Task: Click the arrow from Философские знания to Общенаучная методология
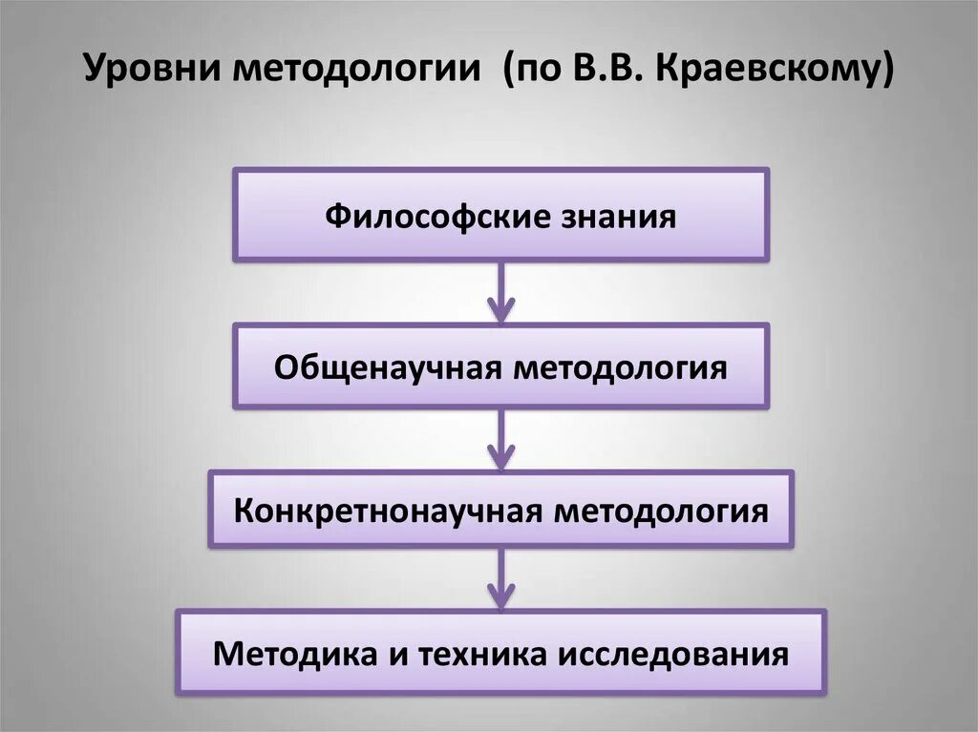point(500,292)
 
